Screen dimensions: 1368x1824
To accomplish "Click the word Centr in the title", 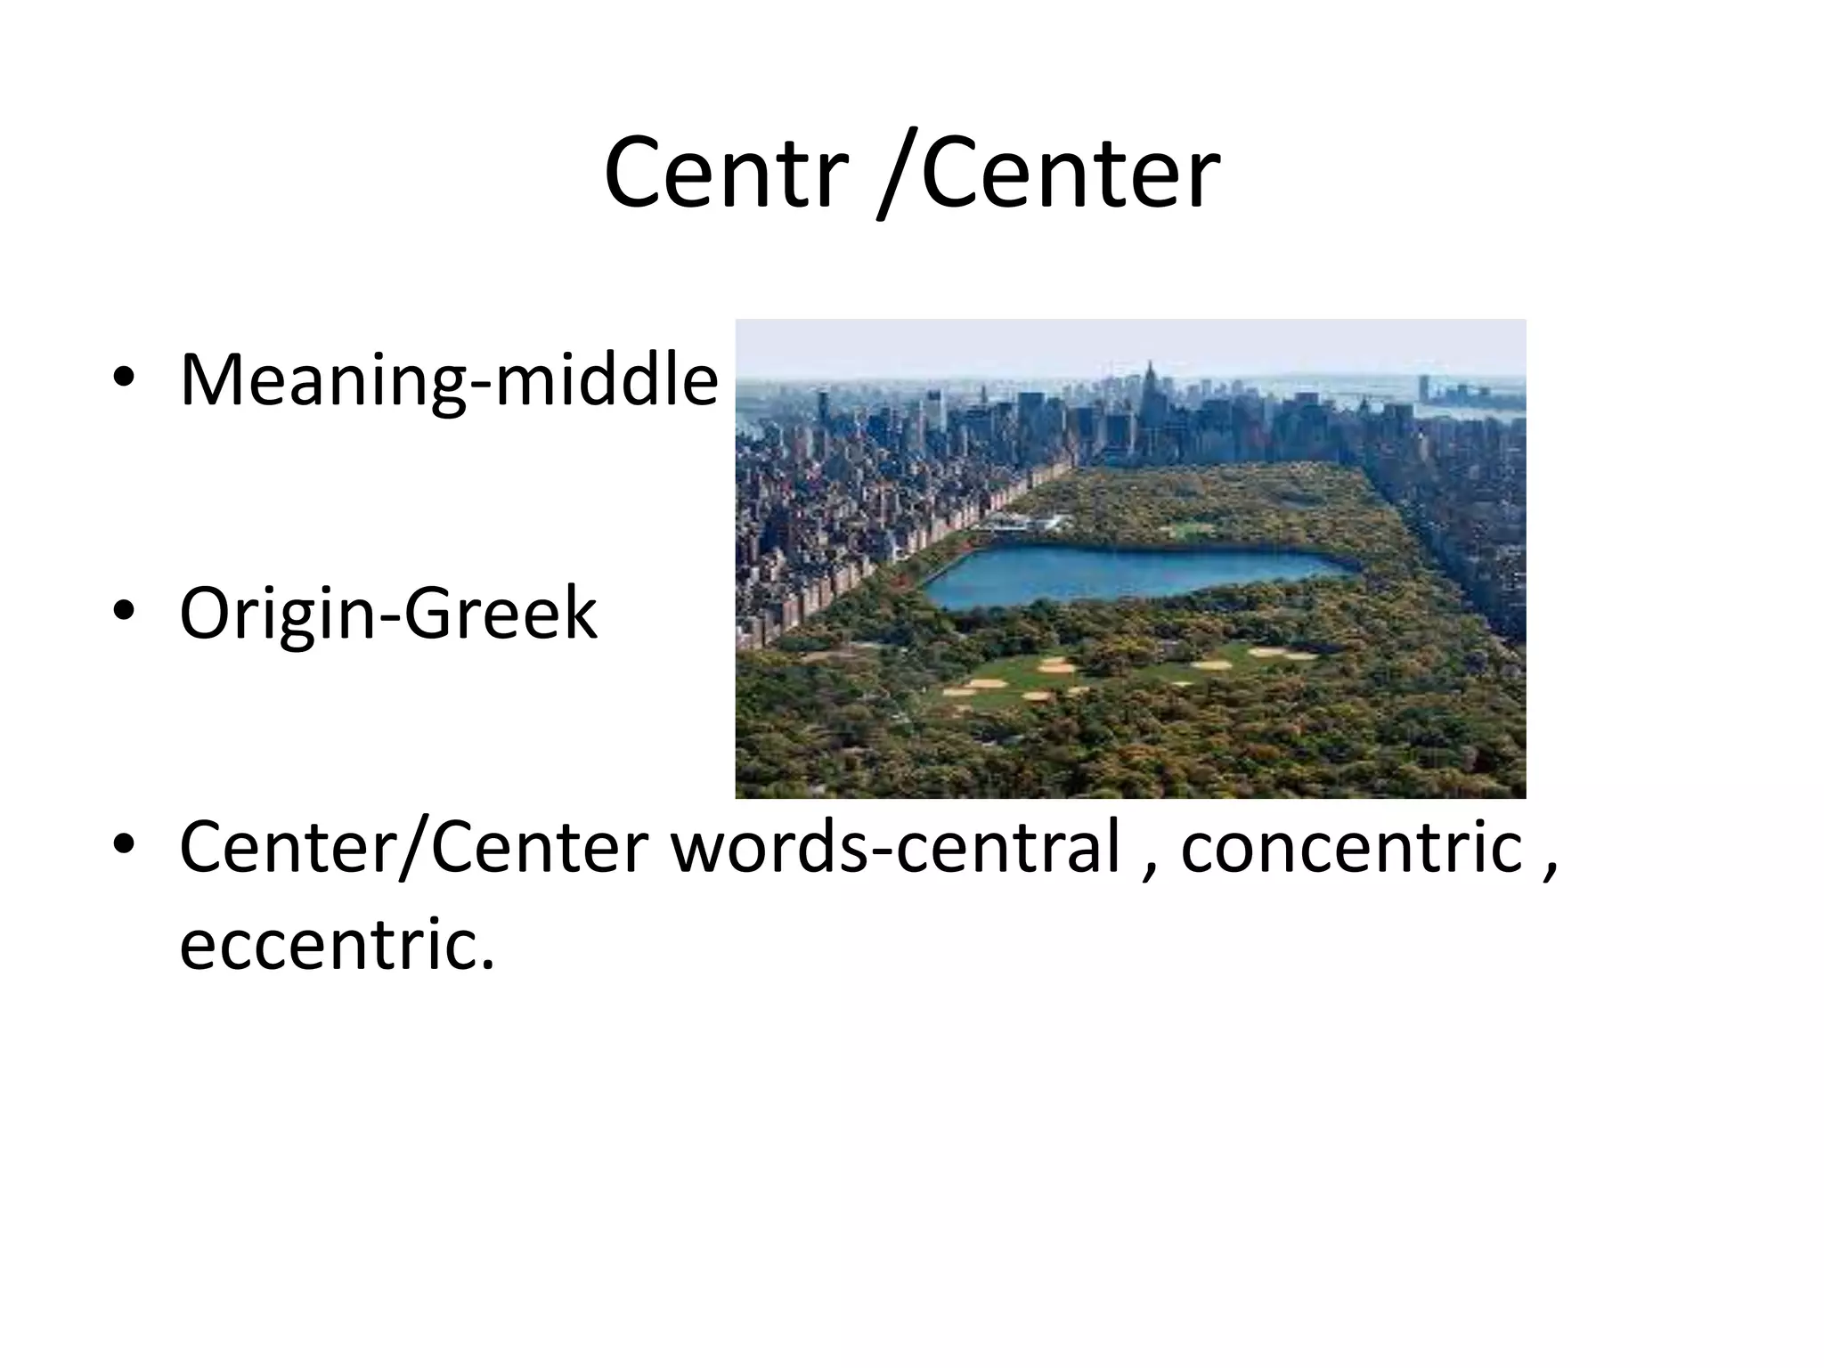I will (x=722, y=173).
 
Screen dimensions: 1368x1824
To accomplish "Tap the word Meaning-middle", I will (x=448, y=380).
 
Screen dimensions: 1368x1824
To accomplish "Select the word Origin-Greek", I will (x=388, y=614).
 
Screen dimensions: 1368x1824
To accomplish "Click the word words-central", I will (x=894, y=848).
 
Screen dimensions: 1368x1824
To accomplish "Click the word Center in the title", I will (x=1070, y=173).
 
